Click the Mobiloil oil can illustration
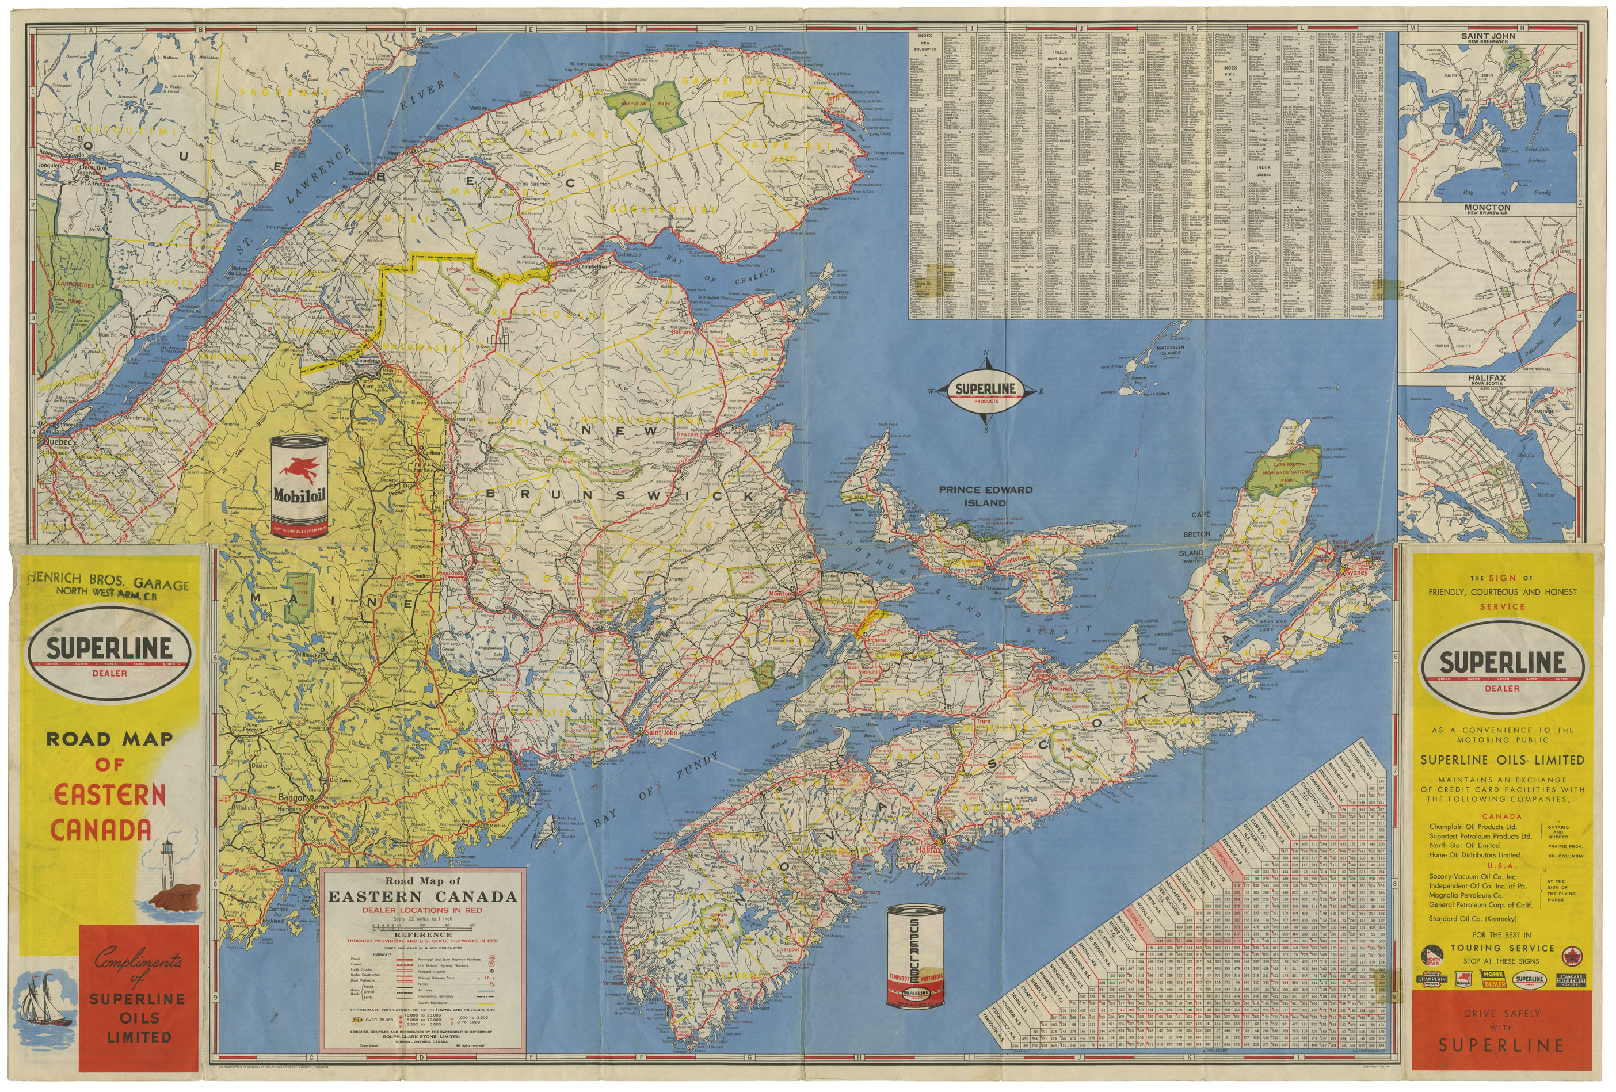299,487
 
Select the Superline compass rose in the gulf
985,391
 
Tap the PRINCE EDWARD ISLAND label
985,495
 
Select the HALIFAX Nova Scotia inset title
1487,380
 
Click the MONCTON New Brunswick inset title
1487,208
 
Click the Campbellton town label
592,266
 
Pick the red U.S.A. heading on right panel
1501,866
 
